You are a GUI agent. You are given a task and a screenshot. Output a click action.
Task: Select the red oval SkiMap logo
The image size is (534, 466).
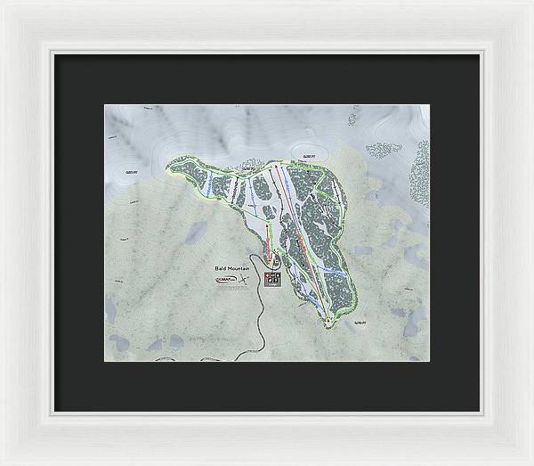pyautogui.click(x=224, y=280)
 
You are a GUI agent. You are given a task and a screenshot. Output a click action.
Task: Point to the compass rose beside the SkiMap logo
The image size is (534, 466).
pyautogui.click(x=242, y=280)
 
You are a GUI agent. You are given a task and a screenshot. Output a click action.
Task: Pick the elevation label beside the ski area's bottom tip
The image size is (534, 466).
pyautogui.click(x=360, y=323)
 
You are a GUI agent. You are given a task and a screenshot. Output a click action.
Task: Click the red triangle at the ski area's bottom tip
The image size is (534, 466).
pyautogui.click(x=329, y=320)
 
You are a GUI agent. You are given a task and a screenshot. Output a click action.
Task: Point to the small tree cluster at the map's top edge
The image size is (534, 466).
pyautogui.click(x=352, y=117)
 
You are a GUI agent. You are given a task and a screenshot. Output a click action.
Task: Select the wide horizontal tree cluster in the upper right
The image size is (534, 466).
pyautogui.click(x=384, y=150)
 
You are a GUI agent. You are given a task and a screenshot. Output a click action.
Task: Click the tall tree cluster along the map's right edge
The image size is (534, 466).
pyautogui.click(x=419, y=173)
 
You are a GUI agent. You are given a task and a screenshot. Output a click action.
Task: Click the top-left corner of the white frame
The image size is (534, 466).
pyautogui.click(x=4, y=4)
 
